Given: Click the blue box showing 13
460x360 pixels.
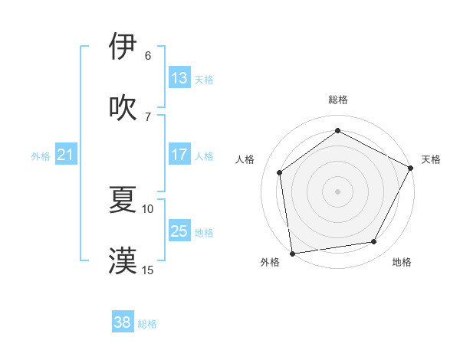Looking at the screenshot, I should pos(179,77).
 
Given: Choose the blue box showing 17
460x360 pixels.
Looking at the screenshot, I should pos(179,154).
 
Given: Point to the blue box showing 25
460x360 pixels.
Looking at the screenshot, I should pos(179,231).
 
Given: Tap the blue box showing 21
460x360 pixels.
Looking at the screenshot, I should pos(66,155).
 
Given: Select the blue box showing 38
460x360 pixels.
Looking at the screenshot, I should pos(123,322).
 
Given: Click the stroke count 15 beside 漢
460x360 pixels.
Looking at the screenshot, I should pos(148,270).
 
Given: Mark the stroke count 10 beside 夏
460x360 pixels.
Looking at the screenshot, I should pos(148,208).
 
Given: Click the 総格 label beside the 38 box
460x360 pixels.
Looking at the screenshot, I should pos(147,324).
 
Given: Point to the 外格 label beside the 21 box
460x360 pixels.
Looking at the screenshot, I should pos(41,156).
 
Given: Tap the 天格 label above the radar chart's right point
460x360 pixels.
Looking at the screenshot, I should pos(431,159).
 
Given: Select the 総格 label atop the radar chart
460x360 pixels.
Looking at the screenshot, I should pos(338,100).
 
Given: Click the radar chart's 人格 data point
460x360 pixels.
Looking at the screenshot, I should pos(280,172).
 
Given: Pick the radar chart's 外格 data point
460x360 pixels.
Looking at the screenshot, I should pos(292,253).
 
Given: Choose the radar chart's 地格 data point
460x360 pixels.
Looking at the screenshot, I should pos(374,242).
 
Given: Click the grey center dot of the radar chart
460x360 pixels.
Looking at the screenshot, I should pos(337,191).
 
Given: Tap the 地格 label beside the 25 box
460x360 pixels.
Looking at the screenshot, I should pos(204,232).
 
